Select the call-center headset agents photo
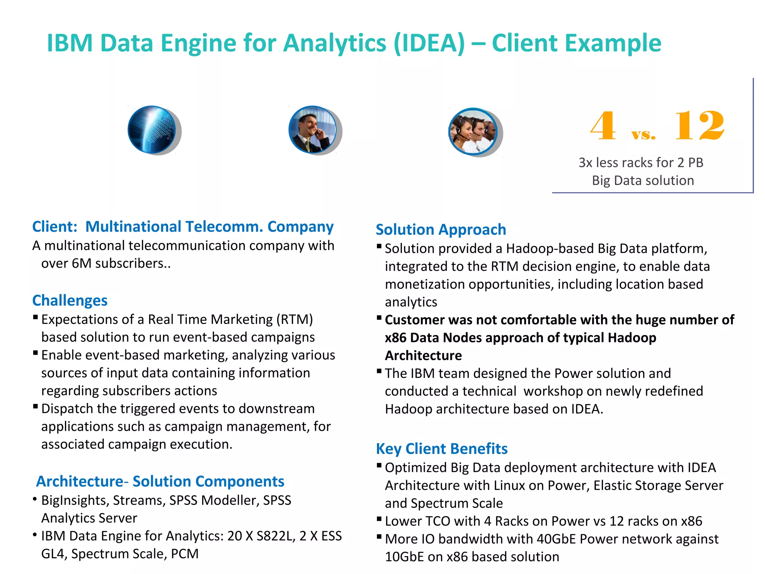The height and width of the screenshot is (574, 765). tap(473, 131)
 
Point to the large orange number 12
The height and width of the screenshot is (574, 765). tap(700, 126)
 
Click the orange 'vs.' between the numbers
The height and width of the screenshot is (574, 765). tap(644, 134)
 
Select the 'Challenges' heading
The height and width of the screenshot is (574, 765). tap(70, 300)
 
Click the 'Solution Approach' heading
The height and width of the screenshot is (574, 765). tap(441, 229)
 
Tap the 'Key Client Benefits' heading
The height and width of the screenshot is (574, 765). tap(442, 448)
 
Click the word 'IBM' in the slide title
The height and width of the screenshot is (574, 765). tap(69, 43)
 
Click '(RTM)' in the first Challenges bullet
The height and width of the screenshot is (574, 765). tap(294, 320)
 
